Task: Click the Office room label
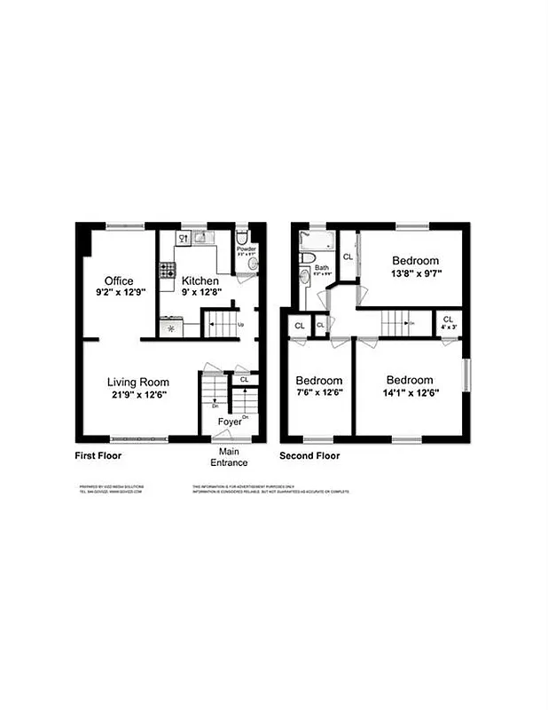pos(119,280)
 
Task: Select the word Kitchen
pos(200,280)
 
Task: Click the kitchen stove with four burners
pos(167,270)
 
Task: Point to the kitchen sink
pos(200,238)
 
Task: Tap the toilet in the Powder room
pos(242,238)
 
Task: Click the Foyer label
pos(230,422)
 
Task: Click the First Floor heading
pos(98,456)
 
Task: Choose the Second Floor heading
pos(309,456)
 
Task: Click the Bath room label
pos(321,267)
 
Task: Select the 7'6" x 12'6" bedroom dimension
pos(319,393)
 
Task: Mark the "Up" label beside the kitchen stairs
pos(241,324)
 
